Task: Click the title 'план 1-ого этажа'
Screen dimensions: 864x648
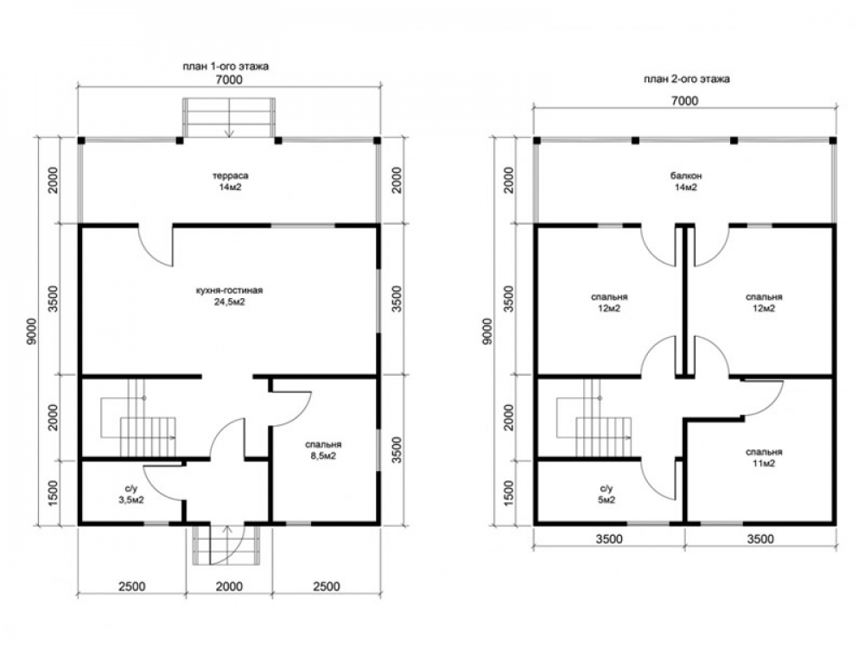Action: coord(226,67)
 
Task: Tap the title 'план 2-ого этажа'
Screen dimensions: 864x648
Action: coord(687,79)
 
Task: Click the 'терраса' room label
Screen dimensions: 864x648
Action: coord(231,175)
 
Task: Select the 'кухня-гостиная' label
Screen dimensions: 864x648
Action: coord(229,290)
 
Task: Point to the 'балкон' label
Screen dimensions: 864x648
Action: coord(686,176)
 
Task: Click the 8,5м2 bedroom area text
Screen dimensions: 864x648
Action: coord(323,456)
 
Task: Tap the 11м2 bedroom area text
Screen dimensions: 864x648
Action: coord(764,463)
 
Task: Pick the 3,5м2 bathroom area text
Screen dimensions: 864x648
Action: coord(131,500)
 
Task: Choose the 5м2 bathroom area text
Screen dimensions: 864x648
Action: coord(607,500)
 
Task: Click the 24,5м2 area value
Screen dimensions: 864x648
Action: coord(229,302)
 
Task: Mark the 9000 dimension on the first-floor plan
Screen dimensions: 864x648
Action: coord(32,332)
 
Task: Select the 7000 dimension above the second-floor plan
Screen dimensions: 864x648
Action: coord(684,101)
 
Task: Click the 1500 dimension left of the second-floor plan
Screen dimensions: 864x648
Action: coord(509,493)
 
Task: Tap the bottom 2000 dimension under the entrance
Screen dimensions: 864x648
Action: coord(229,587)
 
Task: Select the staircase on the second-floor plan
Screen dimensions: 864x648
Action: coord(594,419)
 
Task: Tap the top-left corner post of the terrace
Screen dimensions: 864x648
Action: coord(81,141)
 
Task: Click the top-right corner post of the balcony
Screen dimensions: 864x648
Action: coord(833,141)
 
